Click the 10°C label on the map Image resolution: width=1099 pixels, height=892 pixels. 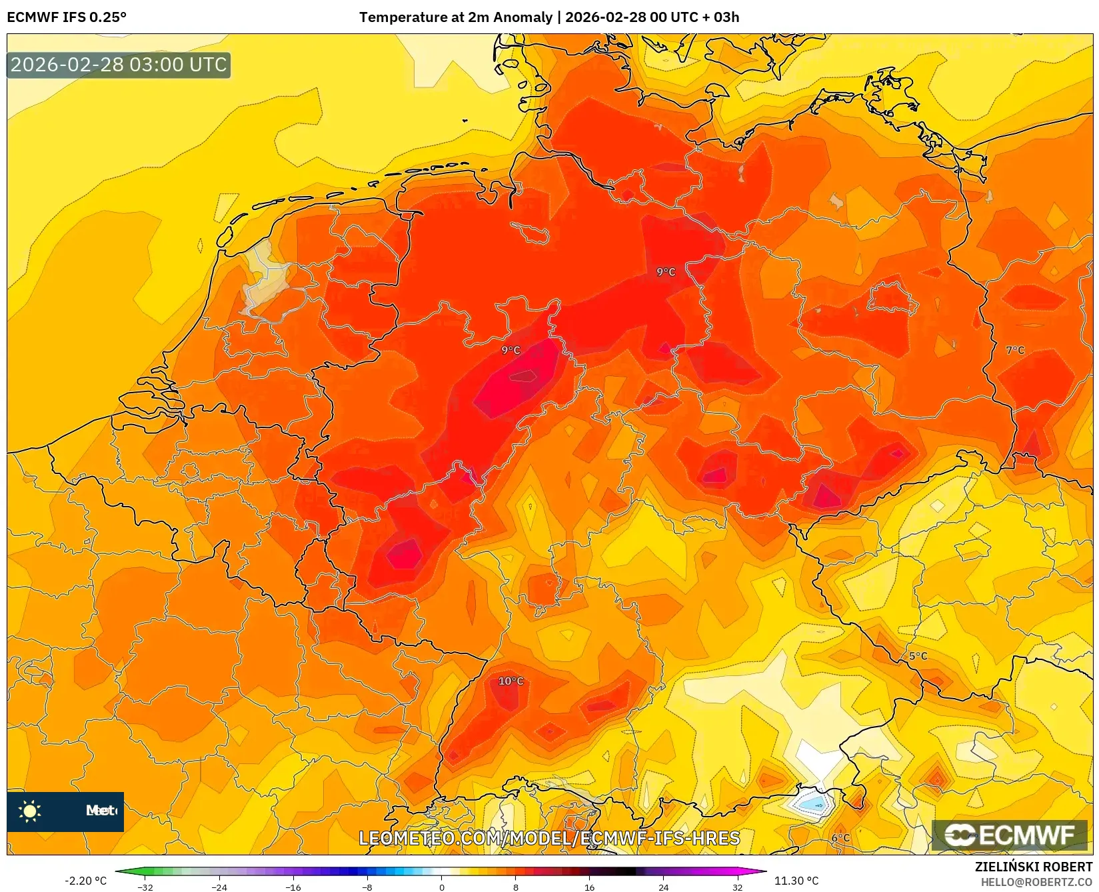click(511, 681)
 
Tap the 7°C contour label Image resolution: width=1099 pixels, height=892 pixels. click(1015, 350)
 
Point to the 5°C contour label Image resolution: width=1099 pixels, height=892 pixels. click(918, 656)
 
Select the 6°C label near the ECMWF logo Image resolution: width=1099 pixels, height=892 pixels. click(840, 838)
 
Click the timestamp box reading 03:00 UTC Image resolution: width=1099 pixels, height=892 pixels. click(119, 65)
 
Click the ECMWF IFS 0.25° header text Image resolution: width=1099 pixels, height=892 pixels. click(67, 17)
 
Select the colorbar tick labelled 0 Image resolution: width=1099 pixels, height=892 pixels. click(441, 887)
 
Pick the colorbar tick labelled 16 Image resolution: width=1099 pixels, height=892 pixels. click(589, 887)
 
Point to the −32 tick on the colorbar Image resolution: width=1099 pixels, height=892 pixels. click(145, 887)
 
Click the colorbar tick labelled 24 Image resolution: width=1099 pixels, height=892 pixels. click(663, 887)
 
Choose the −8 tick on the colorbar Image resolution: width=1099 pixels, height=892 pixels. click(367, 887)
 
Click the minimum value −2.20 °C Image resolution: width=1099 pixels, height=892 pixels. click(85, 881)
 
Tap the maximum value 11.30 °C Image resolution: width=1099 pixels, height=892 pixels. click(796, 881)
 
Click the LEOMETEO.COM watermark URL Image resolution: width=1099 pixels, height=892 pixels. click(549, 838)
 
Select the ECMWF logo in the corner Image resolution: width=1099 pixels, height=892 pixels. click(1010, 835)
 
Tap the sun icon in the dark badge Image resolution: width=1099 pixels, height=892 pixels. click(30, 811)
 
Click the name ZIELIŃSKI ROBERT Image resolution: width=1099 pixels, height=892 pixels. click(1033, 867)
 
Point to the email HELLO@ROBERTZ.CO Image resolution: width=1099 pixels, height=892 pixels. click(1036, 882)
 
